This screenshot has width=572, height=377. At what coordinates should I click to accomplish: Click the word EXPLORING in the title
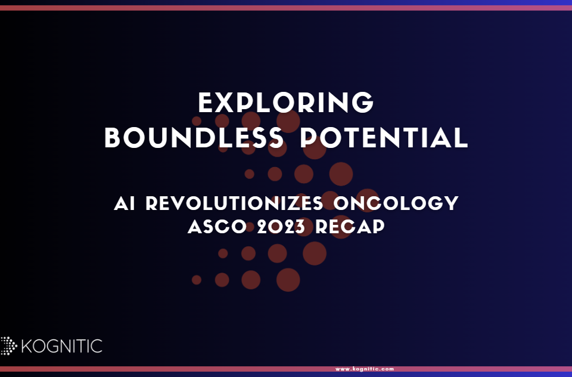click(x=286, y=103)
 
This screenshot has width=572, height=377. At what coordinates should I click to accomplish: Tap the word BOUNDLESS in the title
click(x=194, y=138)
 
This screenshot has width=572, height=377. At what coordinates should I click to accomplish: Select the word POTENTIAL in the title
click(x=384, y=138)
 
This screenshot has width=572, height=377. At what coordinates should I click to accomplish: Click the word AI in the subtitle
click(x=125, y=203)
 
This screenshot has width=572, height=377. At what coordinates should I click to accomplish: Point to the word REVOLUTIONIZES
click(x=235, y=203)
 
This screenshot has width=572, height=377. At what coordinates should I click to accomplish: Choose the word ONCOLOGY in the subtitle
click(x=396, y=203)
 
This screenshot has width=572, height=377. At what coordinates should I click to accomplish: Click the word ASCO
click(x=217, y=227)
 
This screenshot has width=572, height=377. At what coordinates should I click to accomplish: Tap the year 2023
click(x=281, y=227)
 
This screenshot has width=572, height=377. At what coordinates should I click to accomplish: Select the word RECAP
click(x=350, y=227)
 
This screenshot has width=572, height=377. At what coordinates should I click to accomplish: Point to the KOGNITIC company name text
click(x=62, y=346)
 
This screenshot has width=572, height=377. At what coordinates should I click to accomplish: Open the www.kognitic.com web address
click(x=365, y=369)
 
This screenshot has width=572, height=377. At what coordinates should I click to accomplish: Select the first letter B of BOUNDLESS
click(x=112, y=138)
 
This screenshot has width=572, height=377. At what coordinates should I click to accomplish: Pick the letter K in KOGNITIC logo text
click(x=27, y=346)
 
